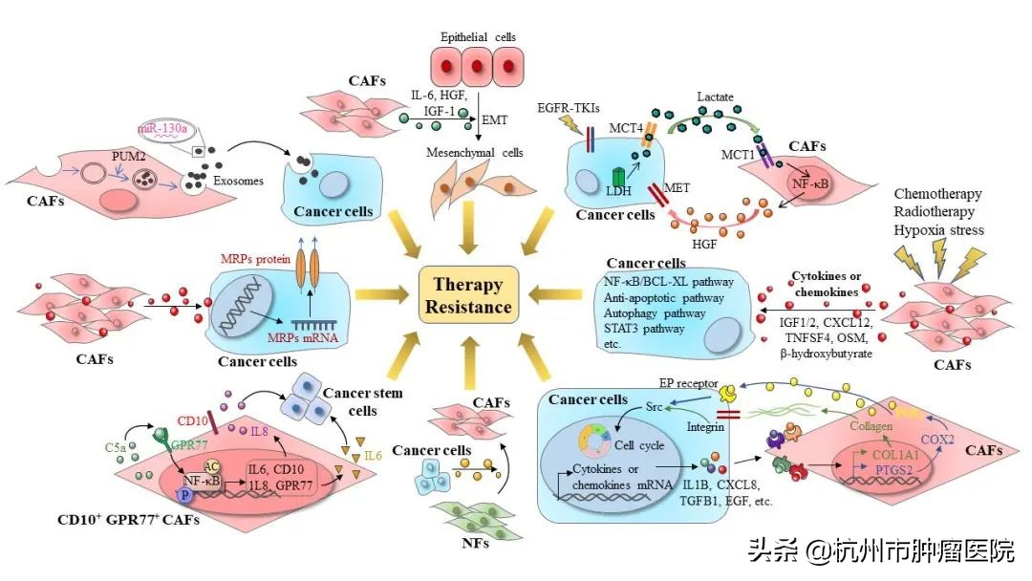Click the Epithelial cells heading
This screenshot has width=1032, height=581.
click(478, 36)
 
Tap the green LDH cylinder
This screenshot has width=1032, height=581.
click(620, 178)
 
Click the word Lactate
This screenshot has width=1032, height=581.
click(715, 97)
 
